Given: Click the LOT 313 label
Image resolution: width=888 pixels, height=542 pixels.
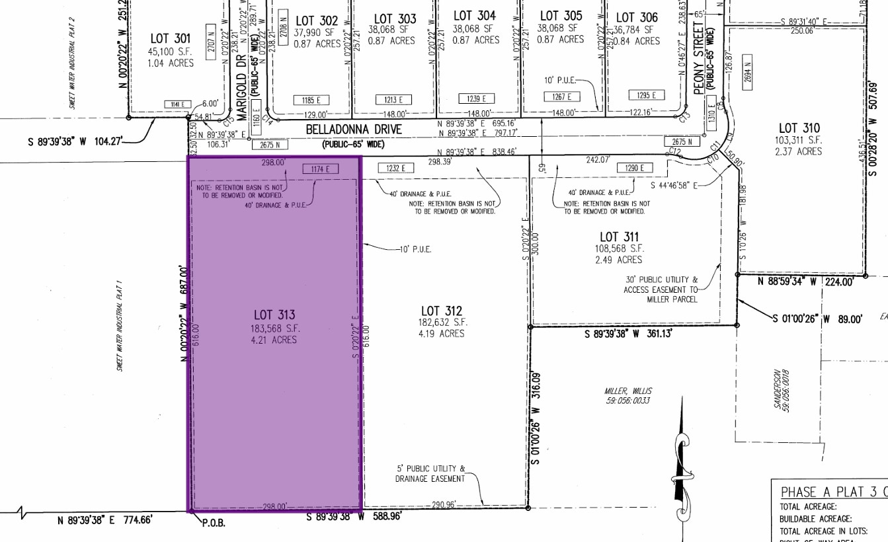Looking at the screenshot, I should (274, 315).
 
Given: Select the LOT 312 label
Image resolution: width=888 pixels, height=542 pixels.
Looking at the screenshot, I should (441, 311).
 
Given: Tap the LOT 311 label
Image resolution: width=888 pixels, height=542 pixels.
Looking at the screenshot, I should (619, 237).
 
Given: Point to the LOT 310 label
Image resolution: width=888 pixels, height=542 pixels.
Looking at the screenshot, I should (799, 128).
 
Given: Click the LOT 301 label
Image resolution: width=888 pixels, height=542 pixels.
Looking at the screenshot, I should (171, 39).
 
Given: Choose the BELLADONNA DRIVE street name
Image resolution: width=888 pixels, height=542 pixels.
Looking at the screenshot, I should (353, 130).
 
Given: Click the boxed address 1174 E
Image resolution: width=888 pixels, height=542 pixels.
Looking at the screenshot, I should (320, 169).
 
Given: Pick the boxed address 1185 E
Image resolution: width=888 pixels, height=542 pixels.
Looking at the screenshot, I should (313, 100).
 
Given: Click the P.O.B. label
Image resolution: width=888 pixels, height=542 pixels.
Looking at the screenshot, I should (214, 522).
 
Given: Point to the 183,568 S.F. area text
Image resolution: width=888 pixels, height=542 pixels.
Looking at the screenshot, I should (274, 328).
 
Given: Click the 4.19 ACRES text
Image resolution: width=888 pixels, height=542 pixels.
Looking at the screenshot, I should (441, 334).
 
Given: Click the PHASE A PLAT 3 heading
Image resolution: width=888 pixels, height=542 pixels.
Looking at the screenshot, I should (830, 492).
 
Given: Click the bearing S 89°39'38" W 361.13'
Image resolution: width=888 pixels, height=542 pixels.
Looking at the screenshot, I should (628, 334).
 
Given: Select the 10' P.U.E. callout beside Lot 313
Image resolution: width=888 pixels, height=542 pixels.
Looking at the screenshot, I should (414, 249).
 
